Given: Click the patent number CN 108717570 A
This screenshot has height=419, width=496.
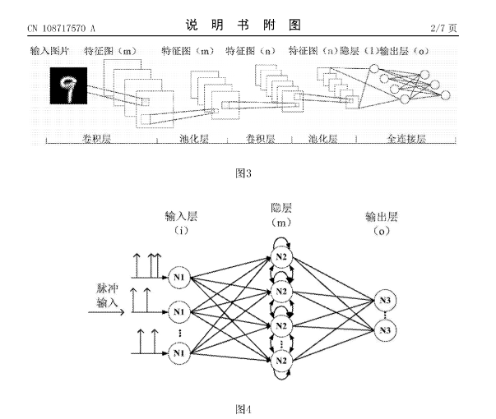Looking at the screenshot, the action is click(61, 29).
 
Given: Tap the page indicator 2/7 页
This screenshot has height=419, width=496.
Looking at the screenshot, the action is click(443, 28).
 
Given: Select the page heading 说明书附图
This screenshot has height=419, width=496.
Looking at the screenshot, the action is click(243, 25).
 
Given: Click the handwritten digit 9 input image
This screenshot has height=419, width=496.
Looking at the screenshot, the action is click(68, 85).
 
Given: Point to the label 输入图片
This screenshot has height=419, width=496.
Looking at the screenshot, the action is click(49, 51).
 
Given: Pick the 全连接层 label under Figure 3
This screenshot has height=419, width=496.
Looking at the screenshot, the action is click(406, 138).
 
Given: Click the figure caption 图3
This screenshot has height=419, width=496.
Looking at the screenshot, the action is click(243, 173).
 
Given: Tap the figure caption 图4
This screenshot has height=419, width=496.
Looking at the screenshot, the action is click(243, 409).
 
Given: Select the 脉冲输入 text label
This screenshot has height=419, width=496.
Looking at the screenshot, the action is click(107, 296).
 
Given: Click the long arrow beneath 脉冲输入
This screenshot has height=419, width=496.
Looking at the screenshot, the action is click(106, 312).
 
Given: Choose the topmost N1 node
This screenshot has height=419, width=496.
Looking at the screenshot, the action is click(178, 278).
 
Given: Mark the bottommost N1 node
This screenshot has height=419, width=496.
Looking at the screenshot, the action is click(178, 352).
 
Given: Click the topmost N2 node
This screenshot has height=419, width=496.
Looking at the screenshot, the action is click(281, 257).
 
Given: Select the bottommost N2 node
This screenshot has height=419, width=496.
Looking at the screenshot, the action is click(281, 361).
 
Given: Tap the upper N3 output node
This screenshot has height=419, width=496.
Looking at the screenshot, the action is click(385, 300).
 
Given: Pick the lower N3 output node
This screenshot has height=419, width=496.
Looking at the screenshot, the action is click(385, 330).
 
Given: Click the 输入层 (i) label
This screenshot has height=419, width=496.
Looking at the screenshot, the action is click(181, 223).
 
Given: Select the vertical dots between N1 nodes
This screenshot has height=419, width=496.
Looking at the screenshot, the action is click(179, 333).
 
